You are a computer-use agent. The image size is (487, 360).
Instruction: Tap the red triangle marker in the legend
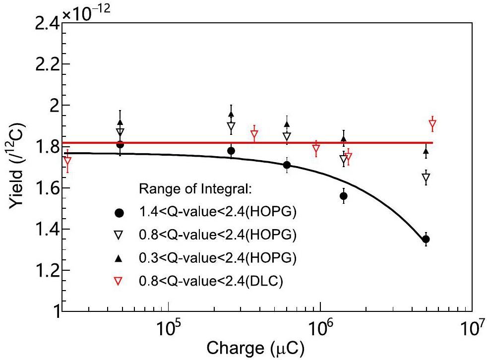pyautogui.click(x=119, y=282)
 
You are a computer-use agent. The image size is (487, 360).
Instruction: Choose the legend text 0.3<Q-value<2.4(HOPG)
pyautogui.click(x=218, y=259)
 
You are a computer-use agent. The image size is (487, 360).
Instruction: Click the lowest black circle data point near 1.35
pyautogui.click(x=426, y=239)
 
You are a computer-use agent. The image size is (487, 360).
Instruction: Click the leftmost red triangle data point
pyautogui.click(x=67, y=162)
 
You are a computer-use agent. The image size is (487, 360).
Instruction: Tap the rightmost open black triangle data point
pyautogui.click(x=426, y=178)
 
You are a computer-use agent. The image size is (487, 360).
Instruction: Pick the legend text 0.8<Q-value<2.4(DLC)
pyautogui.click(x=211, y=282)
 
